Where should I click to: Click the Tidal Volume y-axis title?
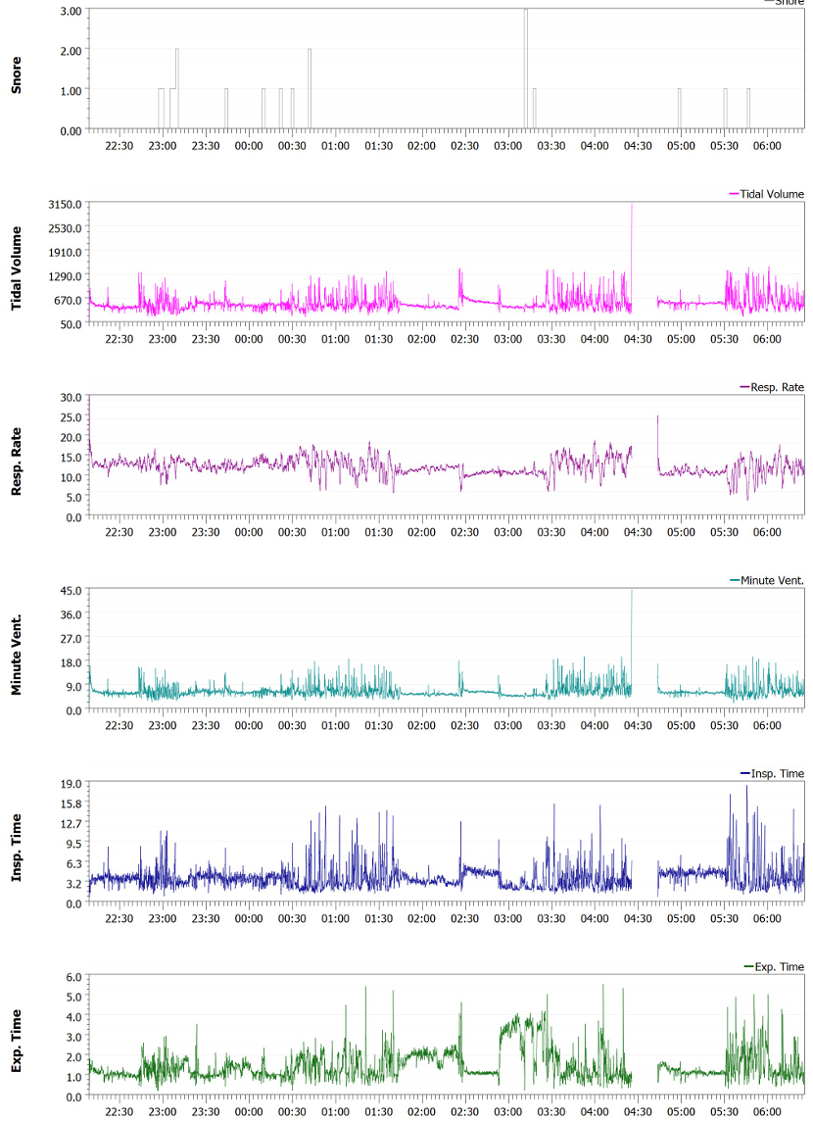point(16,263)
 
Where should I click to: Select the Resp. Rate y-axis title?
point(16,457)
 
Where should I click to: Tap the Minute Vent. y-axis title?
point(16,650)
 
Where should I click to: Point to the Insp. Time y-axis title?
point(16,844)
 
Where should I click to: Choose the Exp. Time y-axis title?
point(16,1037)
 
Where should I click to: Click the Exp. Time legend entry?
point(779,967)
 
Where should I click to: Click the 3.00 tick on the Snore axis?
point(70,11)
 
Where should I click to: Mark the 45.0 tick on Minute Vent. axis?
point(72,590)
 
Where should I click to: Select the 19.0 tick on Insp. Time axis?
point(72,784)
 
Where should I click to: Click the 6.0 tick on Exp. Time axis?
point(74,977)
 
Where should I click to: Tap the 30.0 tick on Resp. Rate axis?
point(72,397)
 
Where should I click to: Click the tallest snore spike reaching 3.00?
point(526,12)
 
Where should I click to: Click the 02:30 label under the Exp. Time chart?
point(465,1111)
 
